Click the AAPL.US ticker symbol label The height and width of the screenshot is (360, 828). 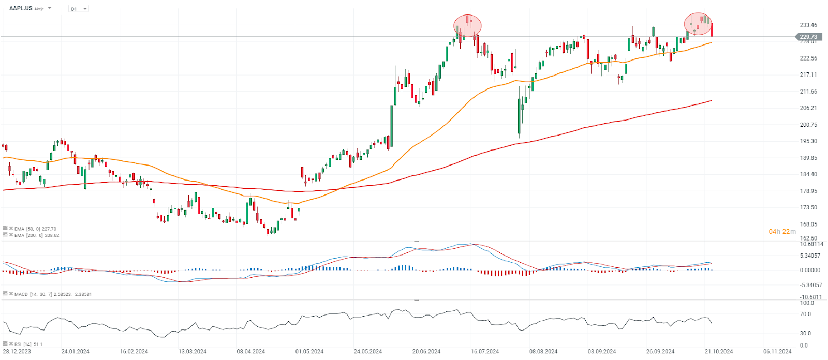click(x=21, y=8)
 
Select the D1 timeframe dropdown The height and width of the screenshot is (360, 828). click(x=78, y=9)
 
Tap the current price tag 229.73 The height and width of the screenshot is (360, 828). click(x=807, y=37)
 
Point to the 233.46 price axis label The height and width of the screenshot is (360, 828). click(x=808, y=25)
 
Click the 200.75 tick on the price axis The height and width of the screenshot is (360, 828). click(x=808, y=125)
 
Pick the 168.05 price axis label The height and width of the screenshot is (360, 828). click(x=808, y=224)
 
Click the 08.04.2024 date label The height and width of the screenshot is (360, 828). click(x=251, y=352)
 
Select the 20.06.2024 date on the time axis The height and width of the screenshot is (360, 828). click(x=426, y=352)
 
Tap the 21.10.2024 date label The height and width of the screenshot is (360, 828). click(x=719, y=352)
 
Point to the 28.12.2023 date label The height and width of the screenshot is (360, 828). click(x=17, y=352)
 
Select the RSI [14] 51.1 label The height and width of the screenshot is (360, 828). click(x=28, y=344)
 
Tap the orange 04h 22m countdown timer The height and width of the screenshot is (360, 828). click(x=782, y=232)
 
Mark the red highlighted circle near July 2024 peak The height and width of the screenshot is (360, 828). click(x=467, y=25)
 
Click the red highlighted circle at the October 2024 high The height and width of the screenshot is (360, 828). click(x=698, y=24)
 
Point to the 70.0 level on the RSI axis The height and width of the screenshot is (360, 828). click(x=805, y=314)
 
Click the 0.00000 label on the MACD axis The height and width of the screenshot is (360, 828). click(x=810, y=270)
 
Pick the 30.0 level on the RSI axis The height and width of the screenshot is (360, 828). click(x=805, y=333)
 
